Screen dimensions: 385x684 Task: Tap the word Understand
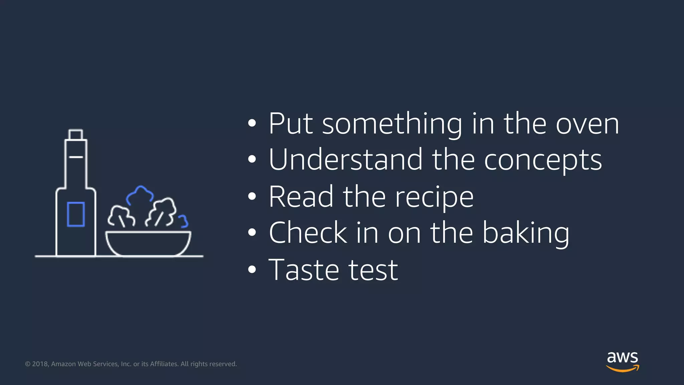[x=346, y=160]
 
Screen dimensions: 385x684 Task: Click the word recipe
[x=434, y=197]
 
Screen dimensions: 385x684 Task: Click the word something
[x=392, y=124]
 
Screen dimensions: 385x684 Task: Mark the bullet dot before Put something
[x=252, y=123]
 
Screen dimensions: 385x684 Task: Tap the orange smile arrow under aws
[x=623, y=369]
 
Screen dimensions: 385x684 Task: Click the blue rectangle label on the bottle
[x=76, y=214]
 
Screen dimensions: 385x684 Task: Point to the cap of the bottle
[x=75, y=134]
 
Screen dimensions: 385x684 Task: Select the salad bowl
[x=148, y=243]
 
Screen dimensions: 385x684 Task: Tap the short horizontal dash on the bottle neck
[x=76, y=157]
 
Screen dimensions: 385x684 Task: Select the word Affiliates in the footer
[x=164, y=364]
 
